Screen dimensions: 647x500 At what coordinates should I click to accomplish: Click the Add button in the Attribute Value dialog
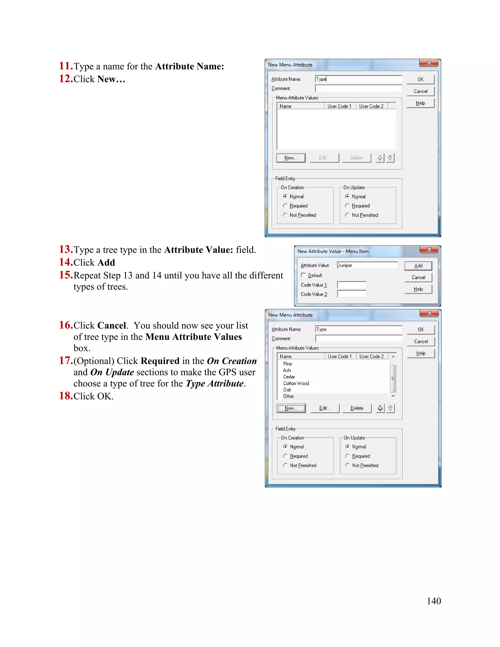point(418,266)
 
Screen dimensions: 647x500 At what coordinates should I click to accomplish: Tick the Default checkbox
point(303,275)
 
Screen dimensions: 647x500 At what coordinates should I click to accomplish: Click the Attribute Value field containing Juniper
point(367,265)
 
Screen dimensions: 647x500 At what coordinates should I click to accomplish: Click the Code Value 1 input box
point(352,285)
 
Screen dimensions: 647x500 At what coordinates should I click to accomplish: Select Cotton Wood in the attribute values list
point(296,383)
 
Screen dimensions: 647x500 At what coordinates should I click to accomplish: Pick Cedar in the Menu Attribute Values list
point(289,377)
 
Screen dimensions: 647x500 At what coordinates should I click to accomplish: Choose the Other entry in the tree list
point(289,396)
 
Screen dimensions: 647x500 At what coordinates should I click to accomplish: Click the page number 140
point(434,601)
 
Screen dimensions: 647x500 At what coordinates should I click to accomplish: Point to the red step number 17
point(66,361)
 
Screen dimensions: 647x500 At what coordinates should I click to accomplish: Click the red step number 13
point(66,250)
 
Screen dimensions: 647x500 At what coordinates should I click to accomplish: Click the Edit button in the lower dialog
point(325,408)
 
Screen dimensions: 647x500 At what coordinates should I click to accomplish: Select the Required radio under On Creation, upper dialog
point(285,206)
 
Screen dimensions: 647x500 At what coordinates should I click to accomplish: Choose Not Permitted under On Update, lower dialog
point(347,465)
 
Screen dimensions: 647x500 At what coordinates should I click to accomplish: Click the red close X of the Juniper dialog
point(429,250)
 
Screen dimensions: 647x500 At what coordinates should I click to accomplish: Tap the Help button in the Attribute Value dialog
point(418,289)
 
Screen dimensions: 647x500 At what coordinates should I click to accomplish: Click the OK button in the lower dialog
point(421,330)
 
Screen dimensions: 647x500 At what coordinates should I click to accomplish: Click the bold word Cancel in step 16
point(112,325)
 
